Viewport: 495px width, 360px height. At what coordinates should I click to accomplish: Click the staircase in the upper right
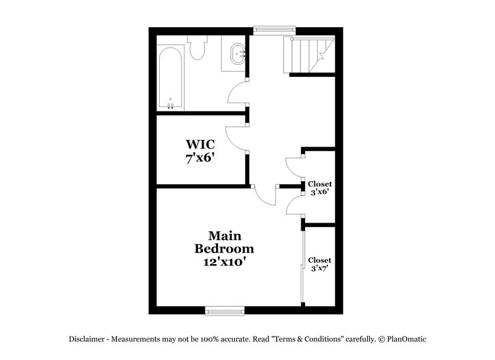(309, 56)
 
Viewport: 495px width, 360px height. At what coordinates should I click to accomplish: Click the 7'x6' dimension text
(199, 158)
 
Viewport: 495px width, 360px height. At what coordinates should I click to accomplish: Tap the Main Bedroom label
(224, 242)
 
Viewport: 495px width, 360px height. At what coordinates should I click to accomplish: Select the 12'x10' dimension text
(224, 262)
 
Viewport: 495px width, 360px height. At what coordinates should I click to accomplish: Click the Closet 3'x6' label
(320, 188)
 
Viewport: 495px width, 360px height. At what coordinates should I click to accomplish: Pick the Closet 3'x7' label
(320, 264)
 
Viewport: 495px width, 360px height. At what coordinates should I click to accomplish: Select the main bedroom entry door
(265, 198)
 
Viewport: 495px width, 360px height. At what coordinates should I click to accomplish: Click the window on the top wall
(275, 28)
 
